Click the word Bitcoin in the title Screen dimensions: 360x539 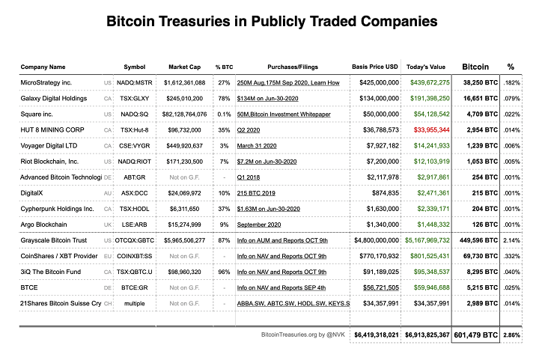(x=139, y=21)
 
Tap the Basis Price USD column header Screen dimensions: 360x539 (x=374, y=67)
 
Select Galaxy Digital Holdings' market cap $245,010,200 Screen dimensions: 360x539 (x=183, y=98)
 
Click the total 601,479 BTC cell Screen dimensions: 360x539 (x=475, y=335)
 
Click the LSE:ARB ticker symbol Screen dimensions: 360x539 (x=135, y=224)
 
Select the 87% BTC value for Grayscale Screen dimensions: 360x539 (x=222, y=240)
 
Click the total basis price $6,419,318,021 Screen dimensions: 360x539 (x=375, y=335)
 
